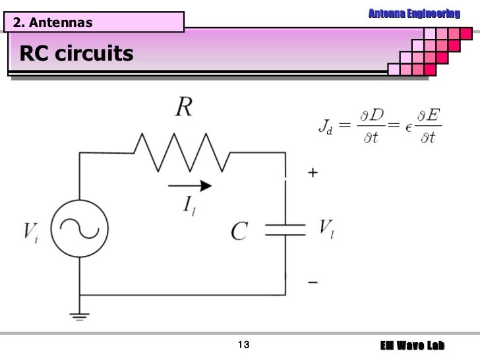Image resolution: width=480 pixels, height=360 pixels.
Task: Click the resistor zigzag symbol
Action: point(181,152)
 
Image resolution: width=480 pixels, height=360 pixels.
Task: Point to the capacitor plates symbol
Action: point(285,229)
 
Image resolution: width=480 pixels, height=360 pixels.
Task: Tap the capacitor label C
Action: point(239,231)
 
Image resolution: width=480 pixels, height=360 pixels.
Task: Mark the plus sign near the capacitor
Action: point(312,172)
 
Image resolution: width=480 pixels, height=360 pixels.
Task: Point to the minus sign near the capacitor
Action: point(312,282)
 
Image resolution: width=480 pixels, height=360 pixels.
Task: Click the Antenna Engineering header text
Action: point(413,14)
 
